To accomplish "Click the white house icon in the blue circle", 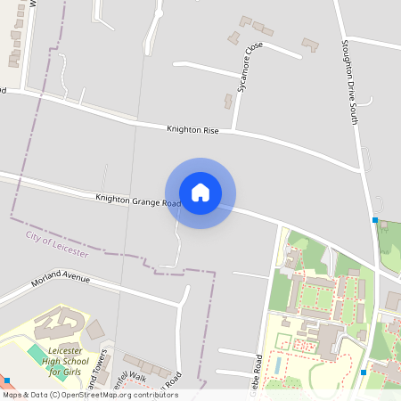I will (x=200, y=192).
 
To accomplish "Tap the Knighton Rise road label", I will (x=192, y=129).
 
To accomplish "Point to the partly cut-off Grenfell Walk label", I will (x=129, y=380).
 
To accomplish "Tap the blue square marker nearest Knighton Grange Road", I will (x=375, y=219).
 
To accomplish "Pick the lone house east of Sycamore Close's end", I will (x=310, y=44).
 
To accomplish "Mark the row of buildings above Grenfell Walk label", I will (x=146, y=364).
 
